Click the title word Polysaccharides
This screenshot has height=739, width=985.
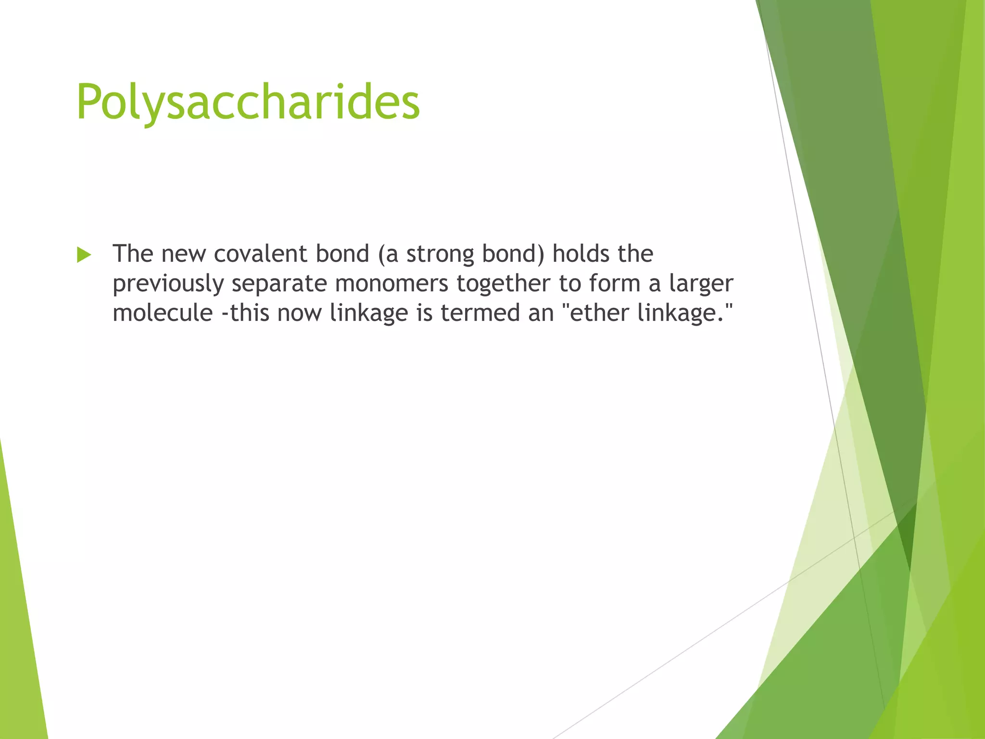tap(248, 102)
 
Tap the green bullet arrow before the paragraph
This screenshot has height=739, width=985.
tap(84, 255)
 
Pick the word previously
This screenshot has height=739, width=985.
tap(168, 284)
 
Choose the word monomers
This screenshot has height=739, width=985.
tap(392, 284)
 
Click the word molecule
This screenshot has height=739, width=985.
tap(163, 313)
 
